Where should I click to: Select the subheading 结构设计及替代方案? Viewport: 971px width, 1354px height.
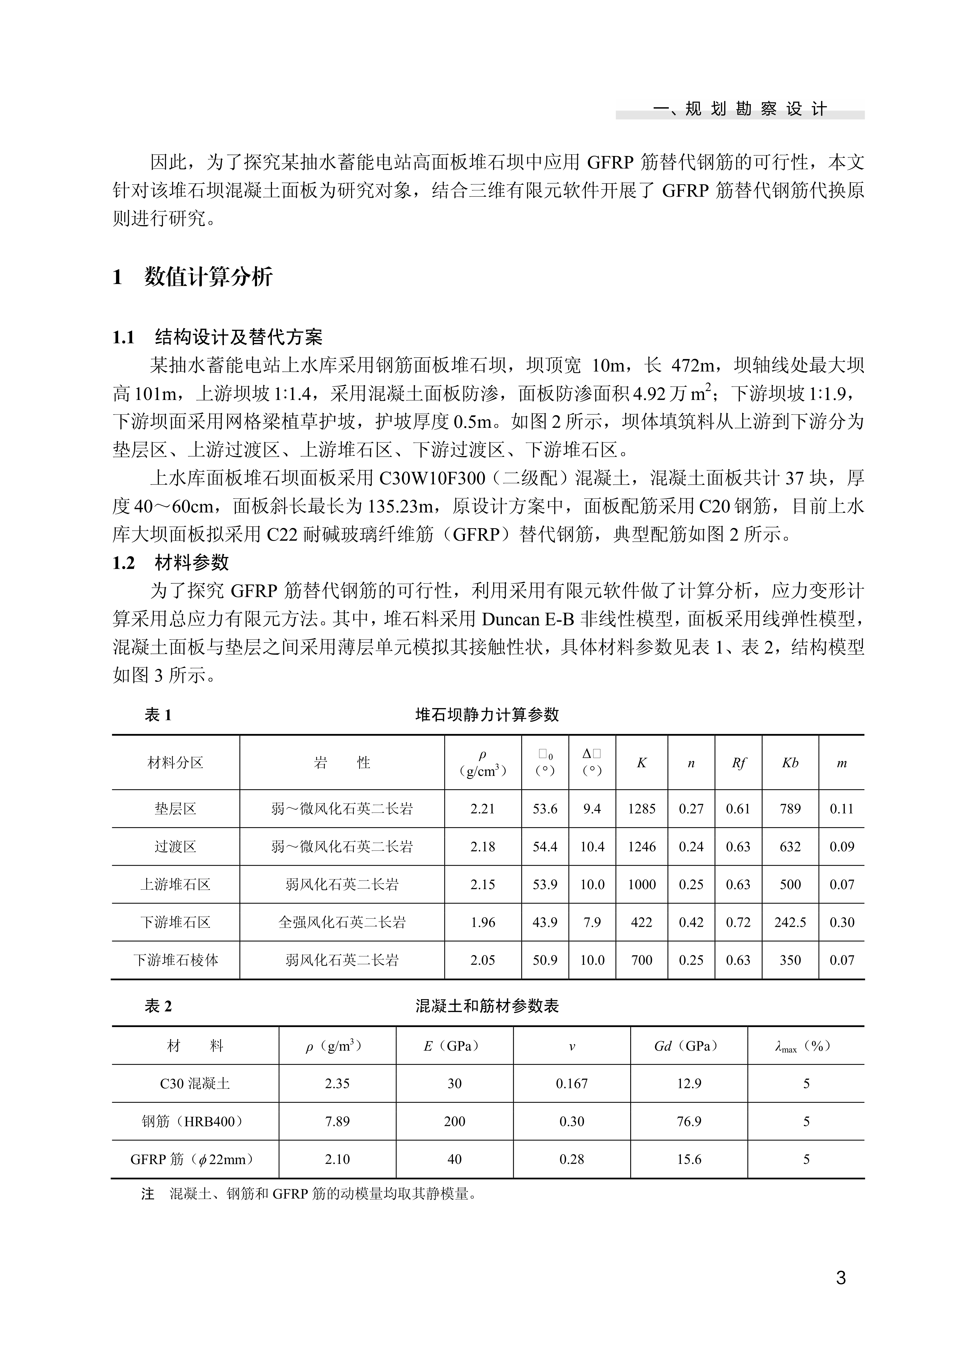(238, 337)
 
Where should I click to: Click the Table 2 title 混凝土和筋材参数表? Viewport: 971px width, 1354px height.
(487, 1006)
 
